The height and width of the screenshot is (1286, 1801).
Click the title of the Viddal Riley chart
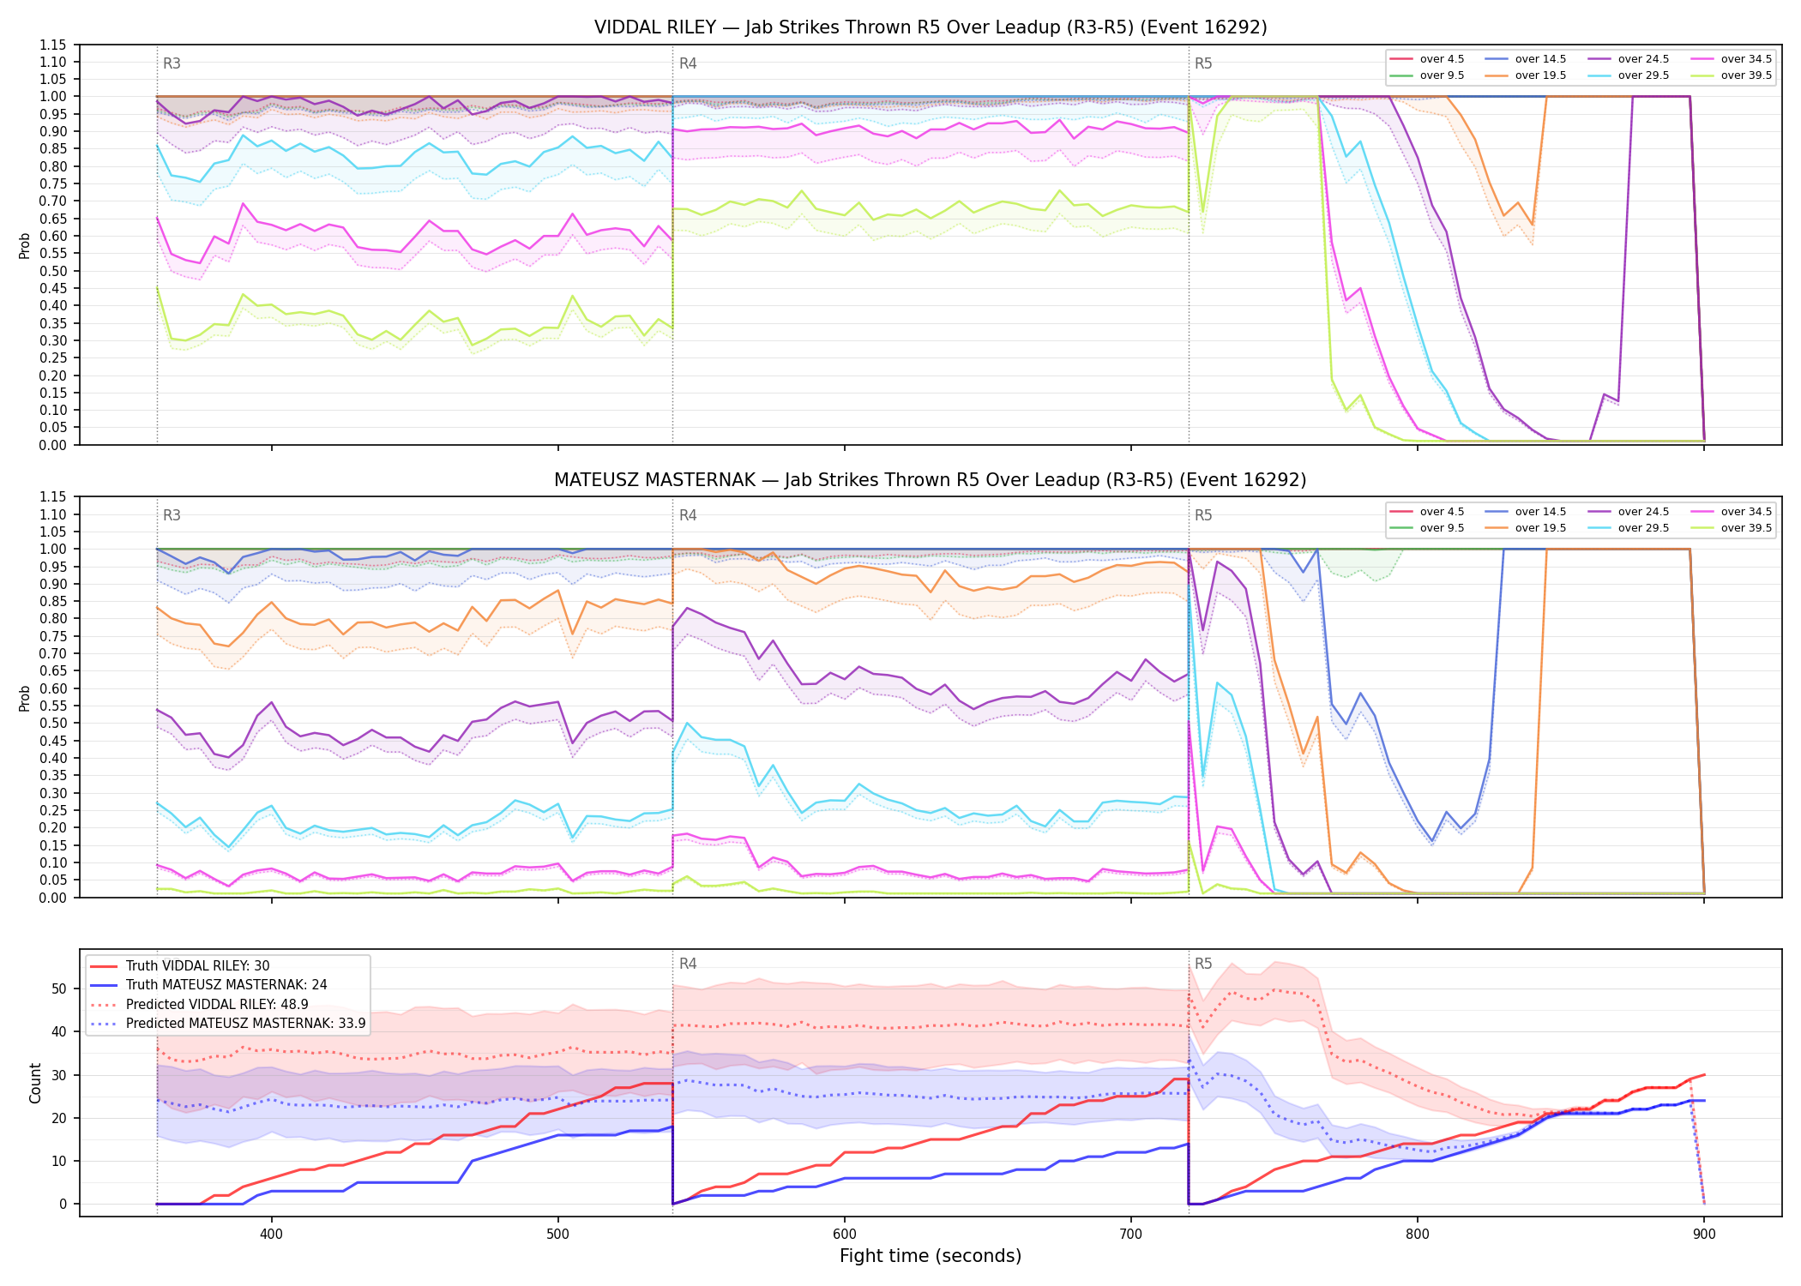931,27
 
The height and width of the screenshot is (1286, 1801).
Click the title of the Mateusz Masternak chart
931,480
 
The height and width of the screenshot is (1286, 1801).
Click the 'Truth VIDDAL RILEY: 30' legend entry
180,965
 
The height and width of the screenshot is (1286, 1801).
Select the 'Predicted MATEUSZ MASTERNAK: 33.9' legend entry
228,1023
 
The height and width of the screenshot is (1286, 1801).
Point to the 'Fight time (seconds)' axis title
931,1256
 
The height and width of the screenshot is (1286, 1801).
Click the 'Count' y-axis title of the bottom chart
35,1083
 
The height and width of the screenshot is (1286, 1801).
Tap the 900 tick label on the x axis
1703,1235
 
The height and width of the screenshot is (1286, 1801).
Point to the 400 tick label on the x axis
271,1235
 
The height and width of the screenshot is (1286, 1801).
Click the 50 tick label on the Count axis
58,989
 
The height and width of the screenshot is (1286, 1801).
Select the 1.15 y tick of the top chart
53,45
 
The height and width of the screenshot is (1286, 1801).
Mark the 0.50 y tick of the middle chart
53,723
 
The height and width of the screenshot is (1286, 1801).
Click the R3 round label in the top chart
172,63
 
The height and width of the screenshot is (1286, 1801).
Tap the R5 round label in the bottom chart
1203,964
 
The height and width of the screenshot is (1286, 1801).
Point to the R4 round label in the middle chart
688,515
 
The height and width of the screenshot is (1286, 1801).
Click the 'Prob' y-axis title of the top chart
25,245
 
